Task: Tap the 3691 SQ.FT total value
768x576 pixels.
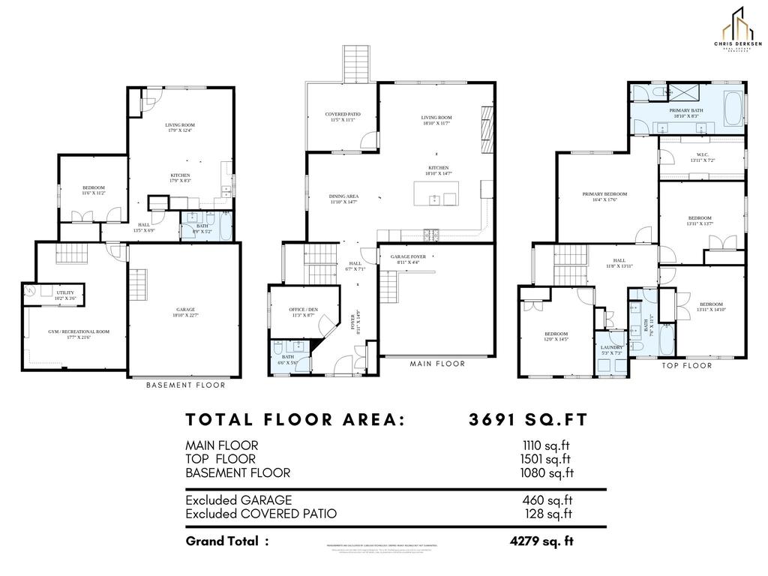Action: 527,419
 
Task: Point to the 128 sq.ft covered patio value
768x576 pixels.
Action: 548,514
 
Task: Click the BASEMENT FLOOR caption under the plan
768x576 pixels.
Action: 185,385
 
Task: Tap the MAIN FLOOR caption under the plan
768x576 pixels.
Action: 437,364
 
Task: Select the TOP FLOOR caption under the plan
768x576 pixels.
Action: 686,366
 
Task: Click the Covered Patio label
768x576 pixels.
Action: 343,116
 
